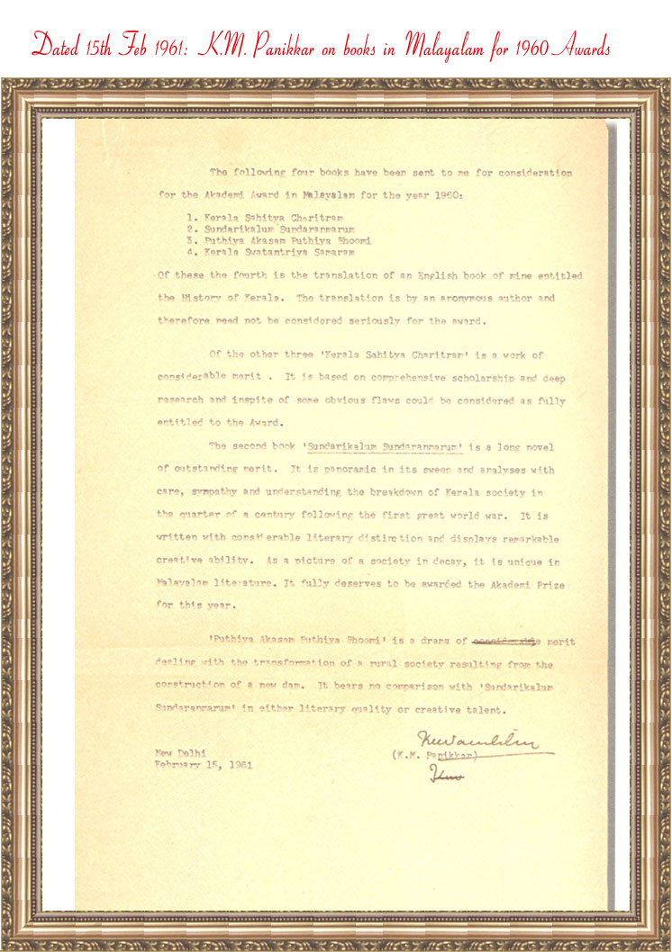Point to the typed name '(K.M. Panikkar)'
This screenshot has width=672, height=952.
coord(432,756)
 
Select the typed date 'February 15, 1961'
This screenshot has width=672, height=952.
coord(203,765)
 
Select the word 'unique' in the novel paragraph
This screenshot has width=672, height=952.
coord(512,561)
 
